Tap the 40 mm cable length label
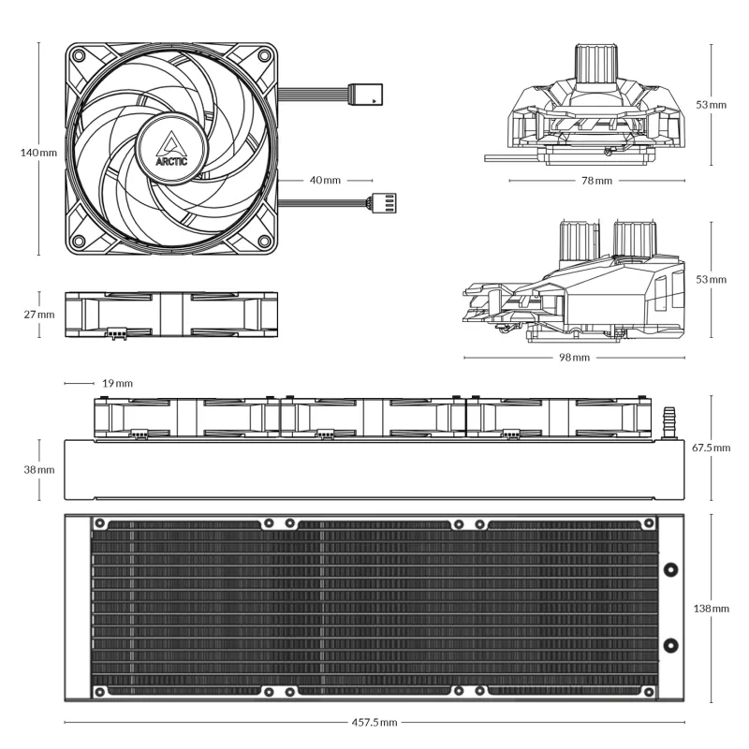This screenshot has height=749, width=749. point(325,180)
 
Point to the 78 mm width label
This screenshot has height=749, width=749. point(596,180)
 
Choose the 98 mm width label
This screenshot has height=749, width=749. point(574,358)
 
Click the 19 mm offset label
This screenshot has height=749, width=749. point(117,383)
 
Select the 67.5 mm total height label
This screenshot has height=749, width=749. point(711,448)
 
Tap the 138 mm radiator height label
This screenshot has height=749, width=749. point(712,609)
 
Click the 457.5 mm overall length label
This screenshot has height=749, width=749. point(374,723)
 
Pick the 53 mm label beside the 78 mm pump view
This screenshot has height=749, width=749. point(712,104)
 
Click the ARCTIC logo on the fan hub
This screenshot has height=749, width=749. point(172,148)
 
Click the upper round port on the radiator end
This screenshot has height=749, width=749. point(670,568)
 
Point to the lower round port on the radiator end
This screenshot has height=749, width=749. point(670,645)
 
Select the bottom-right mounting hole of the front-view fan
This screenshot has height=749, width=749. point(265,240)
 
